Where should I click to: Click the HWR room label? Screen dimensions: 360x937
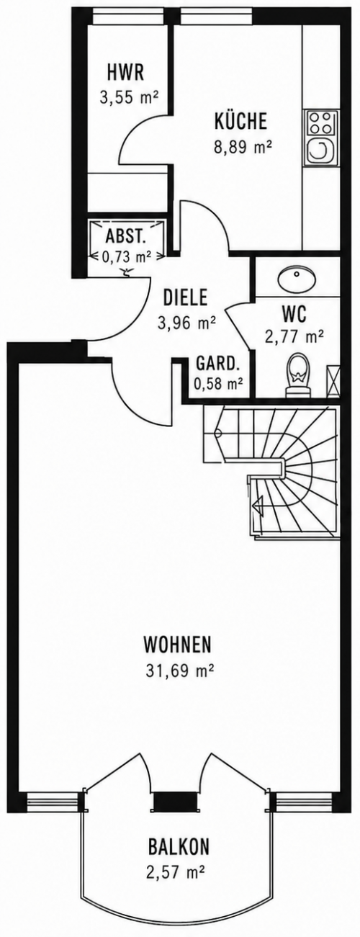pos(125,72)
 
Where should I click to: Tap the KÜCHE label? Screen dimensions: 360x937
pos(240,121)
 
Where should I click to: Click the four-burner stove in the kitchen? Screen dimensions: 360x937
pos(322,122)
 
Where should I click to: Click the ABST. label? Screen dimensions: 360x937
pos(126,237)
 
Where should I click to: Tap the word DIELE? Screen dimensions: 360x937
pos(185,297)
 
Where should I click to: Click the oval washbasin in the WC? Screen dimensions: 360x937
pos(297,279)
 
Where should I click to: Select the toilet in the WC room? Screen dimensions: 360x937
pos(299,374)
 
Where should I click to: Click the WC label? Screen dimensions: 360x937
pos(294,315)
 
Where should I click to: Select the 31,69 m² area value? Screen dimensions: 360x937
pos(180,796)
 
